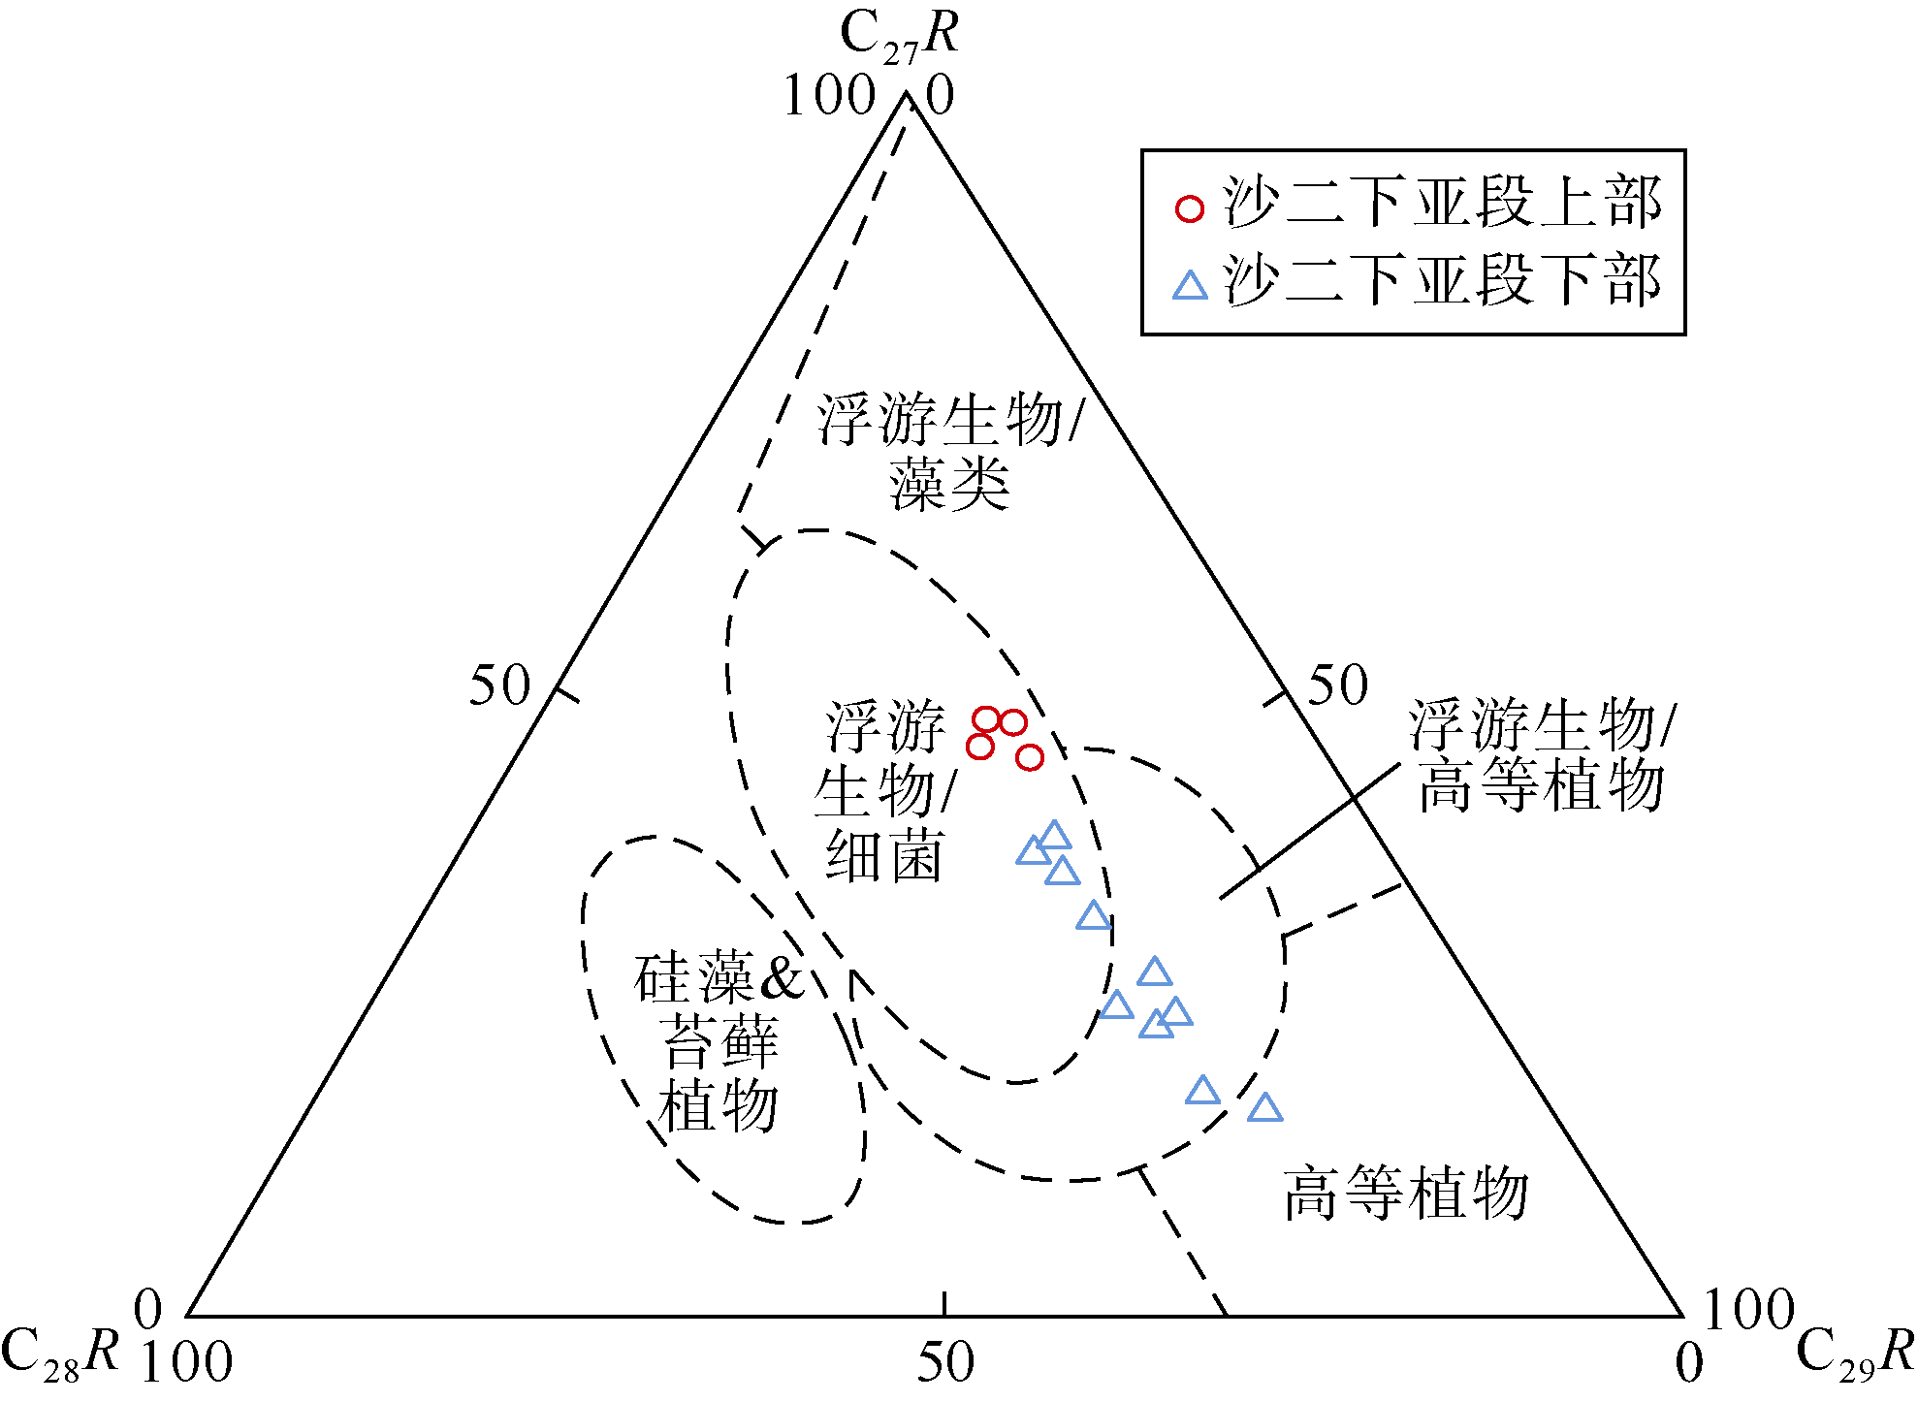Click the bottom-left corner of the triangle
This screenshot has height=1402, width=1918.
(x=187, y=1316)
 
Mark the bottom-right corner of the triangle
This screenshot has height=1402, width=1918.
(x=1682, y=1316)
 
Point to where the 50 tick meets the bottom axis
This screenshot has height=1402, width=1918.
(x=944, y=1316)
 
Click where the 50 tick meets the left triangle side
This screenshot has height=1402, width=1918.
(x=558, y=689)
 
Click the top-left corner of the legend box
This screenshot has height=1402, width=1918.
(x=1142, y=150)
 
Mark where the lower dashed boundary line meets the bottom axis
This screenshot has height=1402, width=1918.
(x=1227, y=1316)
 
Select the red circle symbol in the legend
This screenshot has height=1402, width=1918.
(x=1190, y=208)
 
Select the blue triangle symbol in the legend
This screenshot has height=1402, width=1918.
(x=1190, y=286)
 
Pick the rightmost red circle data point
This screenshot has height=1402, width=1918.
(x=1030, y=757)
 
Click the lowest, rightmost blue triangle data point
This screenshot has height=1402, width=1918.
(x=1264, y=1108)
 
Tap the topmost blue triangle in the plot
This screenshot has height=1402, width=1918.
(x=1054, y=835)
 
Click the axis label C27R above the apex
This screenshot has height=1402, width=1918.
(x=900, y=37)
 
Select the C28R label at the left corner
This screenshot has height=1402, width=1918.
(x=60, y=1352)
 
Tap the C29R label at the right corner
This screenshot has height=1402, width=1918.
(x=1855, y=1352)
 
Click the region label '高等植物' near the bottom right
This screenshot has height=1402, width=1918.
(x=1406, y=1194)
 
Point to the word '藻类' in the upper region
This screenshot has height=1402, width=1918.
(x=949, y=485)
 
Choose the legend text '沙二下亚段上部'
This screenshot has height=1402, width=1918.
(x=1443, y=204)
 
